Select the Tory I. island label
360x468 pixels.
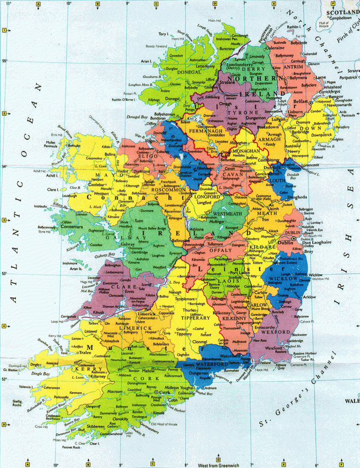tap(163, 34)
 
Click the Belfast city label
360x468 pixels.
tap(301, 101)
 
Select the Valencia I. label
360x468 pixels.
tap(25, 387)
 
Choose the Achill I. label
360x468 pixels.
tap(52, 175)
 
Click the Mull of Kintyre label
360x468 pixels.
tap(324, 25)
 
